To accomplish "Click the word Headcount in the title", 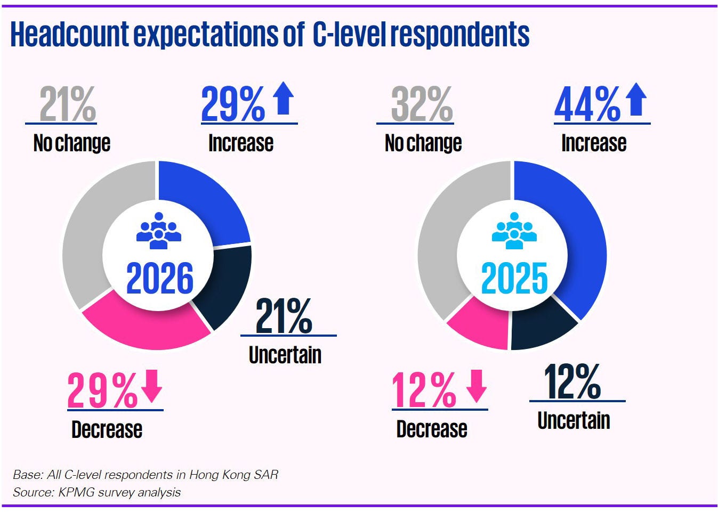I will [69, 35].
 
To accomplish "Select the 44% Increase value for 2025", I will [587, 105].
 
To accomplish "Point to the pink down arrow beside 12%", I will [477, 386].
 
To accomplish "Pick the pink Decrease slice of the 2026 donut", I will [144, 325].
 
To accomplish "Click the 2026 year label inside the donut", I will [160, 279].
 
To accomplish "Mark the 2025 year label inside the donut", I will [514, 279].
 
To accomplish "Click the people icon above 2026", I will [159, 231].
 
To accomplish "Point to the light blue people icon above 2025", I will [514, 231].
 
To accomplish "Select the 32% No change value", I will [422, 105].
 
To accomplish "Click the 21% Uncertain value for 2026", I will [284, 317].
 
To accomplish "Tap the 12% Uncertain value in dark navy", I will [572, 382].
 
